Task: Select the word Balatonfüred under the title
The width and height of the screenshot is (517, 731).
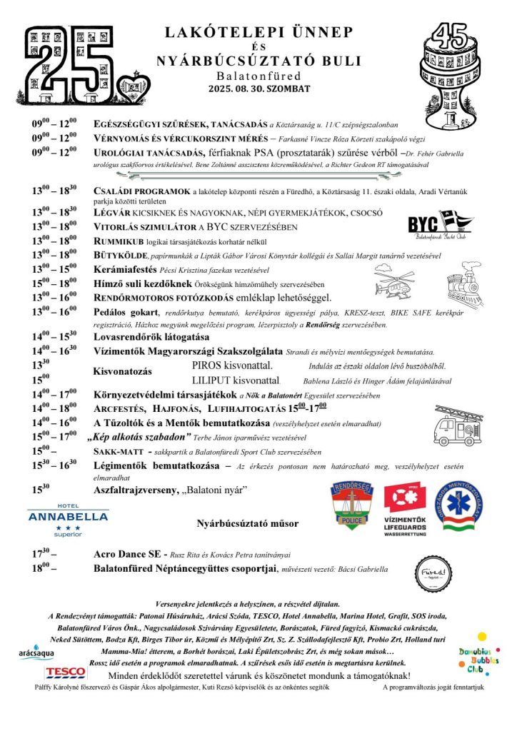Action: [258, 76]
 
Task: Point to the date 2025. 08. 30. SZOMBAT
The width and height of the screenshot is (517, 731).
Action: [259, 89]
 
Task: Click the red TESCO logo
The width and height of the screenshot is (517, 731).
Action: [66, 672]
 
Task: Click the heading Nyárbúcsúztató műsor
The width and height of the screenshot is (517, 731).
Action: [248, 523]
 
